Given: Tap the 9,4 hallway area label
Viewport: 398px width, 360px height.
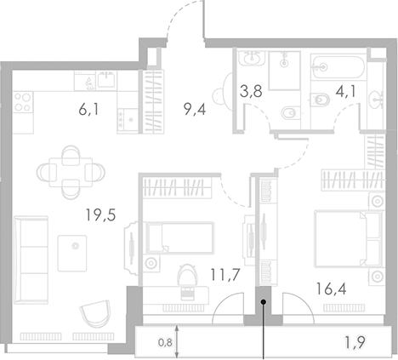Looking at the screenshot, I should pyautogui.click(x=195, y=108).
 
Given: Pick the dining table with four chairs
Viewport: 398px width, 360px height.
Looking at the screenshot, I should pyautogui.click(x=71, y=169).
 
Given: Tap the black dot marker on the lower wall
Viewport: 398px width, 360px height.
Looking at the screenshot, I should pyautogui.click(x=264, y=301).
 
